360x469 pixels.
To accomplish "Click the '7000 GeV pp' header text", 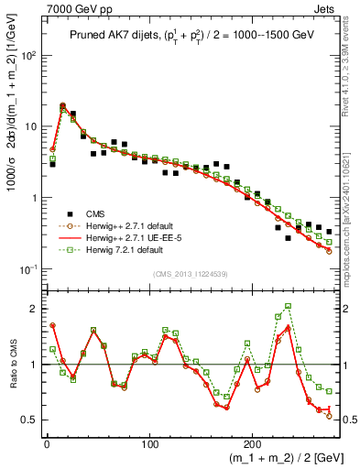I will (x=38, y=7).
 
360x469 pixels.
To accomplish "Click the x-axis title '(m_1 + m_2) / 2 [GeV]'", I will (x=275, y=460).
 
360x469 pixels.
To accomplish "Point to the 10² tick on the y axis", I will (x=27, y=55).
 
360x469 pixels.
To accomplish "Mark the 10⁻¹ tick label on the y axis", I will (x=27, y=269).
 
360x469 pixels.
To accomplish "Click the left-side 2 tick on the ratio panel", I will (x=32, y=309).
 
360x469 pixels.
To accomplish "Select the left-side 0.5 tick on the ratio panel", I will (x=28, y=420).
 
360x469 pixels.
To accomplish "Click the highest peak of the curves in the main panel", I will (x=62, y=105).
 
